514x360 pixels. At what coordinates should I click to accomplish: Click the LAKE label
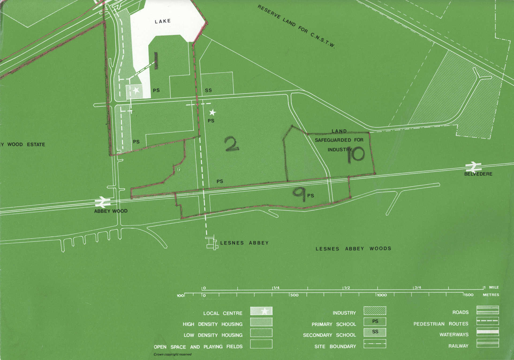162,21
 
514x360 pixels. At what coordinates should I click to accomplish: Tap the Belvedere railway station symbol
473,167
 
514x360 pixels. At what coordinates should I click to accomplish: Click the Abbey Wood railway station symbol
103,202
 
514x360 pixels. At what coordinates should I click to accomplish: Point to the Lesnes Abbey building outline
212,243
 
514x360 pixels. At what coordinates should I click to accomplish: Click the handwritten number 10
356,154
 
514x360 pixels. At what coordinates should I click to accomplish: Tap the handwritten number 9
299,194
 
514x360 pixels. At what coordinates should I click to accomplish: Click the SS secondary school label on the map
208,90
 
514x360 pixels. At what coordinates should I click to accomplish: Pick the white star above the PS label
212,112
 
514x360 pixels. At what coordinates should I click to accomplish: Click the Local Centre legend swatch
261,311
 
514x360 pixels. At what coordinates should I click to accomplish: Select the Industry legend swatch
375,311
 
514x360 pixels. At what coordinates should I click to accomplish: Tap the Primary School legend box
375,322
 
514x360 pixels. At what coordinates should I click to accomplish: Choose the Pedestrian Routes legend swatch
487,321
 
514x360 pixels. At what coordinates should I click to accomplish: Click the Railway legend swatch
487,343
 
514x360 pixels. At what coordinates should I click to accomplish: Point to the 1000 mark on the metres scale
381,295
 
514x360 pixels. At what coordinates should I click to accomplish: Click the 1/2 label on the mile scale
347,288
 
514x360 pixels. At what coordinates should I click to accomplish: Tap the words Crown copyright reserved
172,354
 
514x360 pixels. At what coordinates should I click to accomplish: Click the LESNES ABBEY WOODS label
353,249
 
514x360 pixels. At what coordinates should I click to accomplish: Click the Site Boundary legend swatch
375,344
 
